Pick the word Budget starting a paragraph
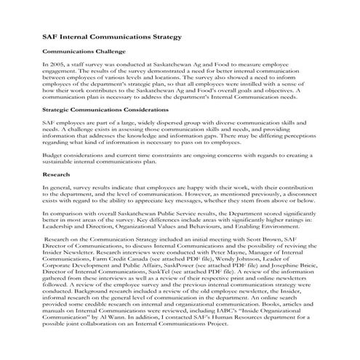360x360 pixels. [x=53, y=154]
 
